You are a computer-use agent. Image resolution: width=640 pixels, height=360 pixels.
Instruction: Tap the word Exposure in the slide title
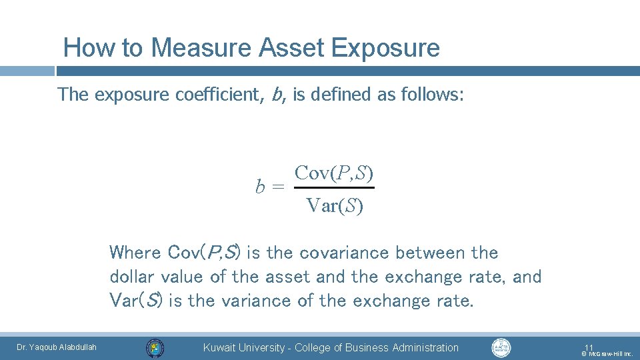pyautogui.click(x=384, y=48)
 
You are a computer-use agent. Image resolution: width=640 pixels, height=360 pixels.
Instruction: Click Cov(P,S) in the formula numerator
pyautogui.click(x=334, y=173)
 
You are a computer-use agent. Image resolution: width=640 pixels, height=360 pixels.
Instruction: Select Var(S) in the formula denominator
pyautogui.click(x=335, y=206)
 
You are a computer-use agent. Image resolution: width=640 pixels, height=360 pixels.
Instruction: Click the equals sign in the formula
pyautogui.click(x=277, y=187)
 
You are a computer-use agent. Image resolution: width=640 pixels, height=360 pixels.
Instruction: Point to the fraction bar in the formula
pyautogui.click(x=334, y=188)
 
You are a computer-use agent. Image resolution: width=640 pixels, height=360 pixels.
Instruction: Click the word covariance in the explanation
pyautogui.click(x=348, y=253)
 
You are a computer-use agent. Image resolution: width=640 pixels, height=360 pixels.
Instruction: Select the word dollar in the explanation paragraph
pyautogui.click(x=131, y=276)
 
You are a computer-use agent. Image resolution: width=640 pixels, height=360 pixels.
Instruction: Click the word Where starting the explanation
pyautogui.click(x=135, y=253)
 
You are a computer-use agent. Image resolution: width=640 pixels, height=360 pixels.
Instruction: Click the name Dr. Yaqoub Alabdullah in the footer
pyautogui.click(x=57, y=347)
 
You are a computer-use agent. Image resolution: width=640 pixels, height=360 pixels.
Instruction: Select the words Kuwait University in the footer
pyautogui.click(x=243, y=347)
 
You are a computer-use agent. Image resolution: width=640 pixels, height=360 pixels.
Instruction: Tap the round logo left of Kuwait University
pyautogui.click(x=155, y=347)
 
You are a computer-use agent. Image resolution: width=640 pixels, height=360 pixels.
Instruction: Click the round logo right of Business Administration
pyautogui.click(x=501, y=347)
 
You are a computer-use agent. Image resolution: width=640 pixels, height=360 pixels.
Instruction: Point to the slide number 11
pyautogui.click(x=589, y=347)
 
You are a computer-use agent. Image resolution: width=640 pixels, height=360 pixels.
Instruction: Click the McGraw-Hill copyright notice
pyautogui.click(x=607, y=354)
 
